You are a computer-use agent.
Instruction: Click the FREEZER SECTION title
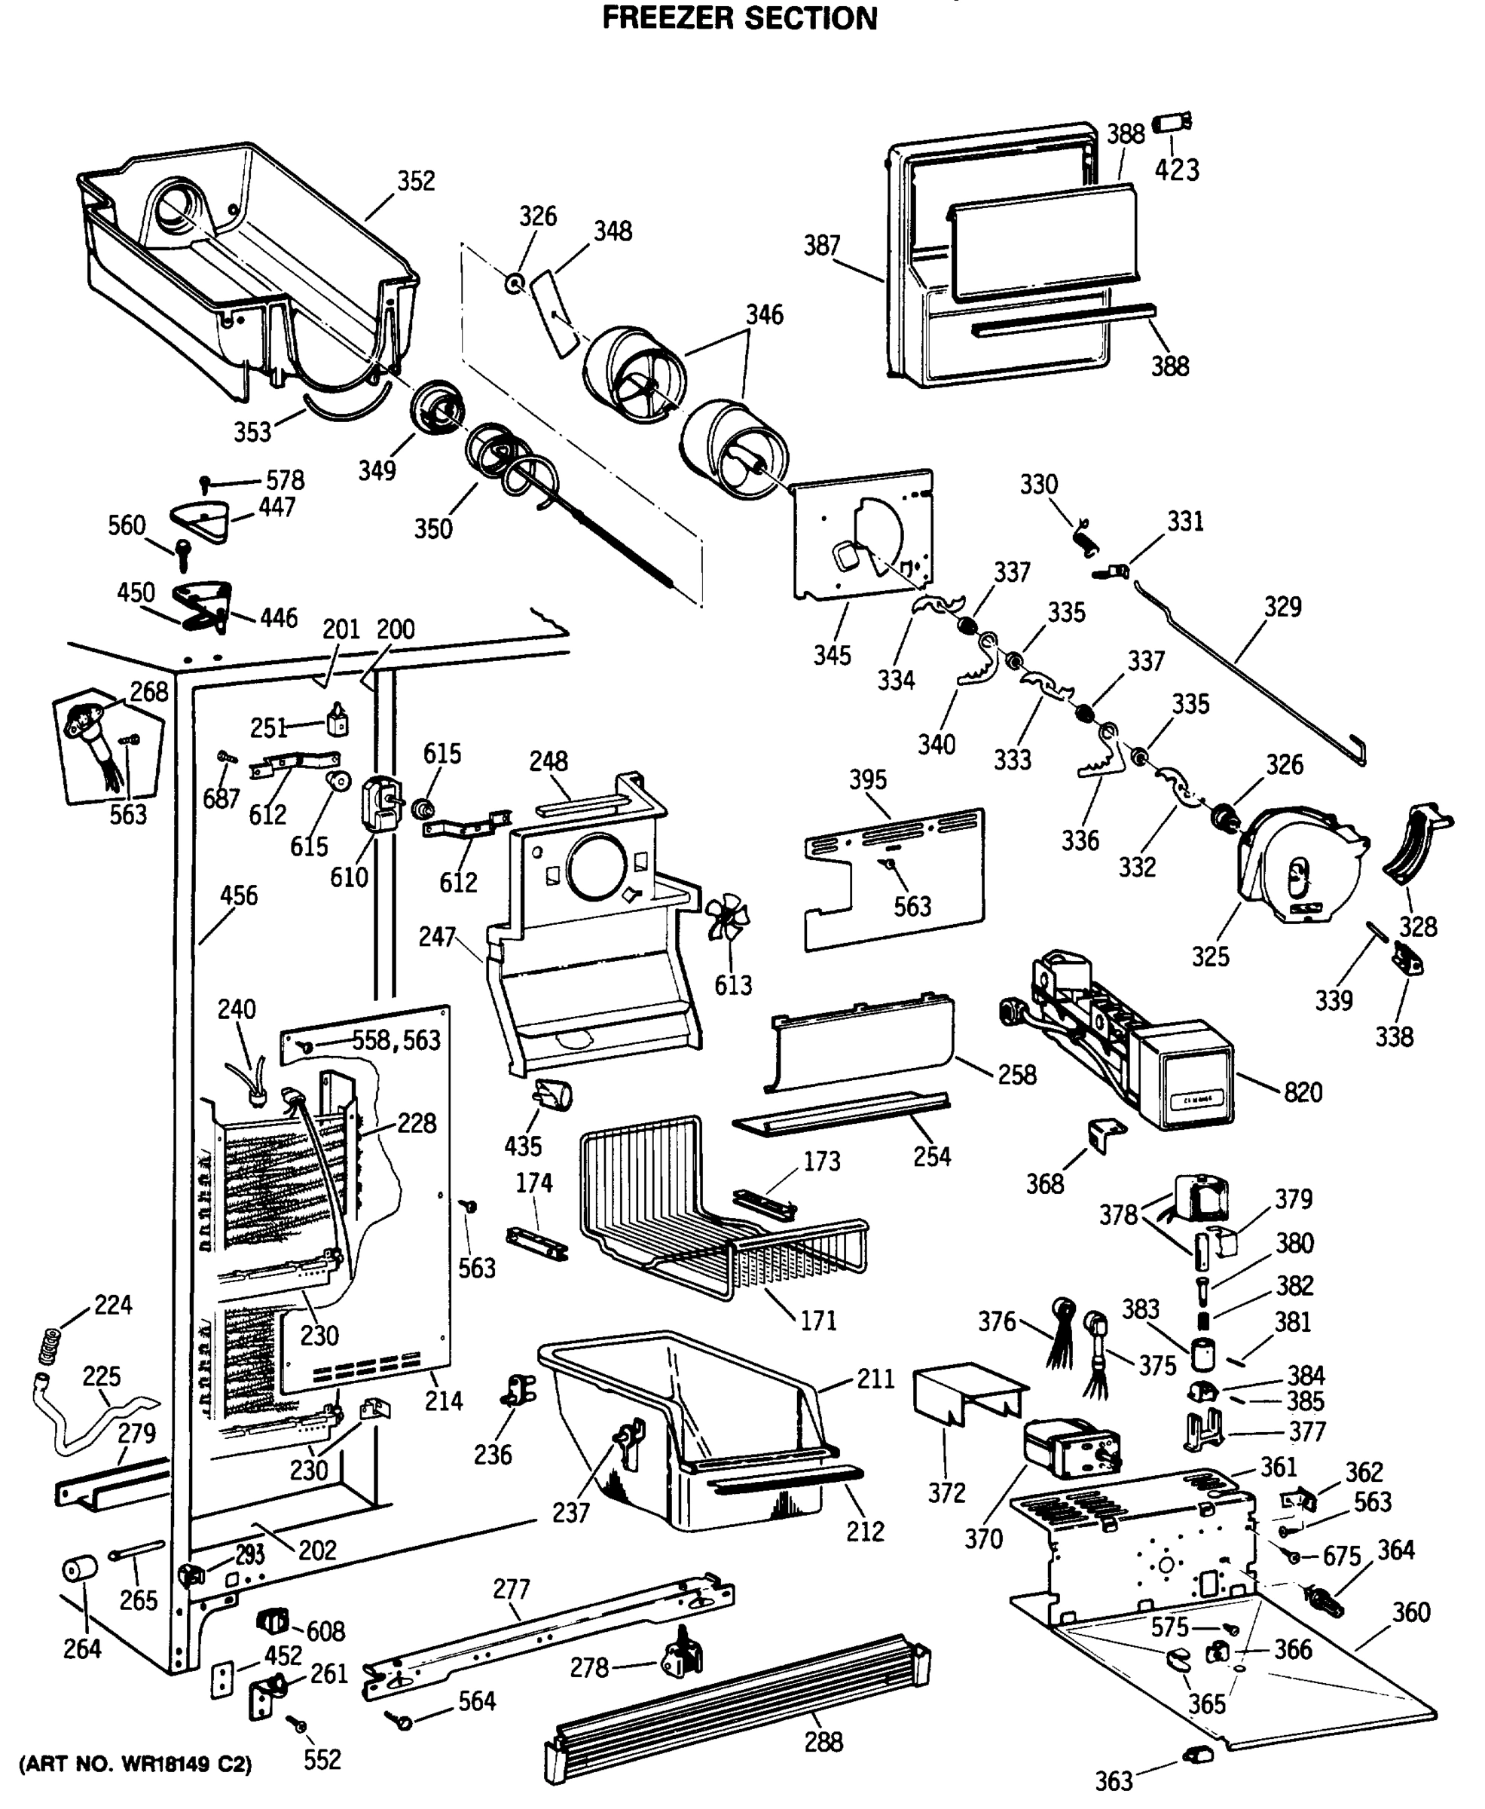pyautogui.click(x=739, y=18)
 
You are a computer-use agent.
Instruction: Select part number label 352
pyautogui.click(x=416, y=181)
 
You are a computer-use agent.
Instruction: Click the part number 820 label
pyautogui.click(x=1302, y=1092)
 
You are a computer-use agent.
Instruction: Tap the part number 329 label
pyautogui.click(x=1282, y=607)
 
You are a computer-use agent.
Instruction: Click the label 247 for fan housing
pyautogui.click(x=436, y=937)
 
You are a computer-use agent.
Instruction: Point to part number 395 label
pyautogui.click(x=867, y=779)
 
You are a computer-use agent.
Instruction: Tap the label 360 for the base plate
pyautogui.click(x=1410, y=1612)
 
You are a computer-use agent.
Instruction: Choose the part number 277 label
pyautogui.click(x=512, y=1589)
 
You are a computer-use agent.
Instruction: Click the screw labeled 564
pyautogui.click(x=399, y=1719)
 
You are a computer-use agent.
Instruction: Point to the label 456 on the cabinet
pyautogui.click(x=238, y=896)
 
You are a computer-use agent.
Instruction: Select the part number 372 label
pyautogui.click(x=946, y=1492)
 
